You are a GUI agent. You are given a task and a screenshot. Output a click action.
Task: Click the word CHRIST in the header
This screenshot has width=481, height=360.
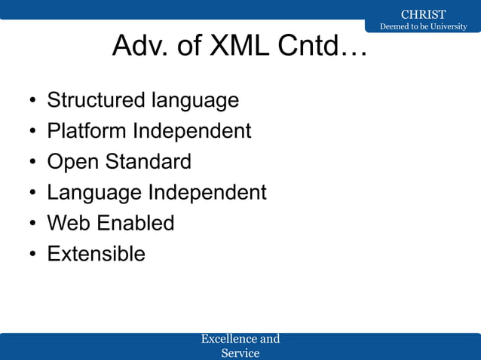pos(423,14)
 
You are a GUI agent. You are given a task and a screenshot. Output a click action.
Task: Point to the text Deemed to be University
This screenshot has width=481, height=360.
pos(423,27)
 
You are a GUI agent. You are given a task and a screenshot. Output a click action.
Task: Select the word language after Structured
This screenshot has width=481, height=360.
pos(195,100)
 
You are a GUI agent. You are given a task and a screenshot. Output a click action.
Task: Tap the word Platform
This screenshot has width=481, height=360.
pos(87,131)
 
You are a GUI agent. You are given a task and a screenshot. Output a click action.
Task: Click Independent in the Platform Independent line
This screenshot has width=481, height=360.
pos(192,131)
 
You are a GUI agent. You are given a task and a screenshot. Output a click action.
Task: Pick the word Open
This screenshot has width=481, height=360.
pos(73,162)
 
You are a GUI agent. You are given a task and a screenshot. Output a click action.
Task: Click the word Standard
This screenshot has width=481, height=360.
pos(149,162)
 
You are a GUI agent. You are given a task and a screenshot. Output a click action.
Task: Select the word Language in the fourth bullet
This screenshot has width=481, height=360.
pos(94,193)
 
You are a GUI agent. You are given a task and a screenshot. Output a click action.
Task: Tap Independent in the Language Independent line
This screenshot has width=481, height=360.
pos(207,193)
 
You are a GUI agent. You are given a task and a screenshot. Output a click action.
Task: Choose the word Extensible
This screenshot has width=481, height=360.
pos(96,254)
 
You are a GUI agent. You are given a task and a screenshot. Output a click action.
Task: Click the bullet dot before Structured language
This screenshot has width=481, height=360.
pos(32,102)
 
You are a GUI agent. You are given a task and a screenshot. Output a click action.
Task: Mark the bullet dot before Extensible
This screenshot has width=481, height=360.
pos(32,255)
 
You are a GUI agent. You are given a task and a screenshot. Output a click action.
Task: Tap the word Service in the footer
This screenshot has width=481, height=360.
pos(240,352)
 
